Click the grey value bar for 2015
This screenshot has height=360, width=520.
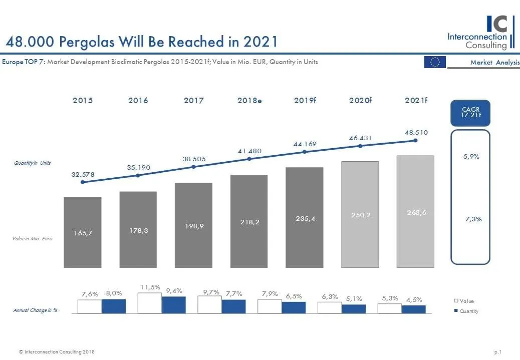coord(83,232)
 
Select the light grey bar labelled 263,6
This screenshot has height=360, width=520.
coord(415,211)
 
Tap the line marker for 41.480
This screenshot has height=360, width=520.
coord(249,159)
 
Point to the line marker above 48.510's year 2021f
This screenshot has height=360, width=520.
coord(415,141)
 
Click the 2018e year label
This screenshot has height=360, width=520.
coord(249,101)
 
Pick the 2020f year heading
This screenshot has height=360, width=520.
coord(360,101)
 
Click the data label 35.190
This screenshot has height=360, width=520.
coord(138,167)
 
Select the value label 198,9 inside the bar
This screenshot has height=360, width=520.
coord(193,226)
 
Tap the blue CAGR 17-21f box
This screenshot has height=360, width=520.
coord(470,113)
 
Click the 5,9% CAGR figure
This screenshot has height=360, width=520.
coord(471,156)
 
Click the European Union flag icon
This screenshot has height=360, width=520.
coord(435,62)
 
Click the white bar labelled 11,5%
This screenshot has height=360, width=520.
coord(149,303)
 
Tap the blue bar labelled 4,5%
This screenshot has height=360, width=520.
coord(414,309)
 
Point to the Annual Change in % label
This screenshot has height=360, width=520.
coord(35,310)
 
